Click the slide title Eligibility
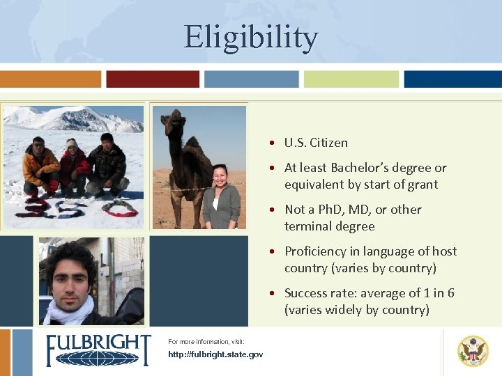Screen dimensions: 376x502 (x=251, y=38)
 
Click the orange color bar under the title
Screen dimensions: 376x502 (x=51, y=79)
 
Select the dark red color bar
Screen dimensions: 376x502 (x=153, y=79)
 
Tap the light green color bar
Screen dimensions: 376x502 (x=351, y=79)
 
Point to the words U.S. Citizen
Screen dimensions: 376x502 (x=316, y=143)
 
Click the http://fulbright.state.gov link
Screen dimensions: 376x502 (x=215, y=354)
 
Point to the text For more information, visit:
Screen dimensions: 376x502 (x=206, y=342)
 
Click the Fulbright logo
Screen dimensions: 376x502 (x=98, y=350)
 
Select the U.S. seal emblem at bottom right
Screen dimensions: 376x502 (x=473, y=350)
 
